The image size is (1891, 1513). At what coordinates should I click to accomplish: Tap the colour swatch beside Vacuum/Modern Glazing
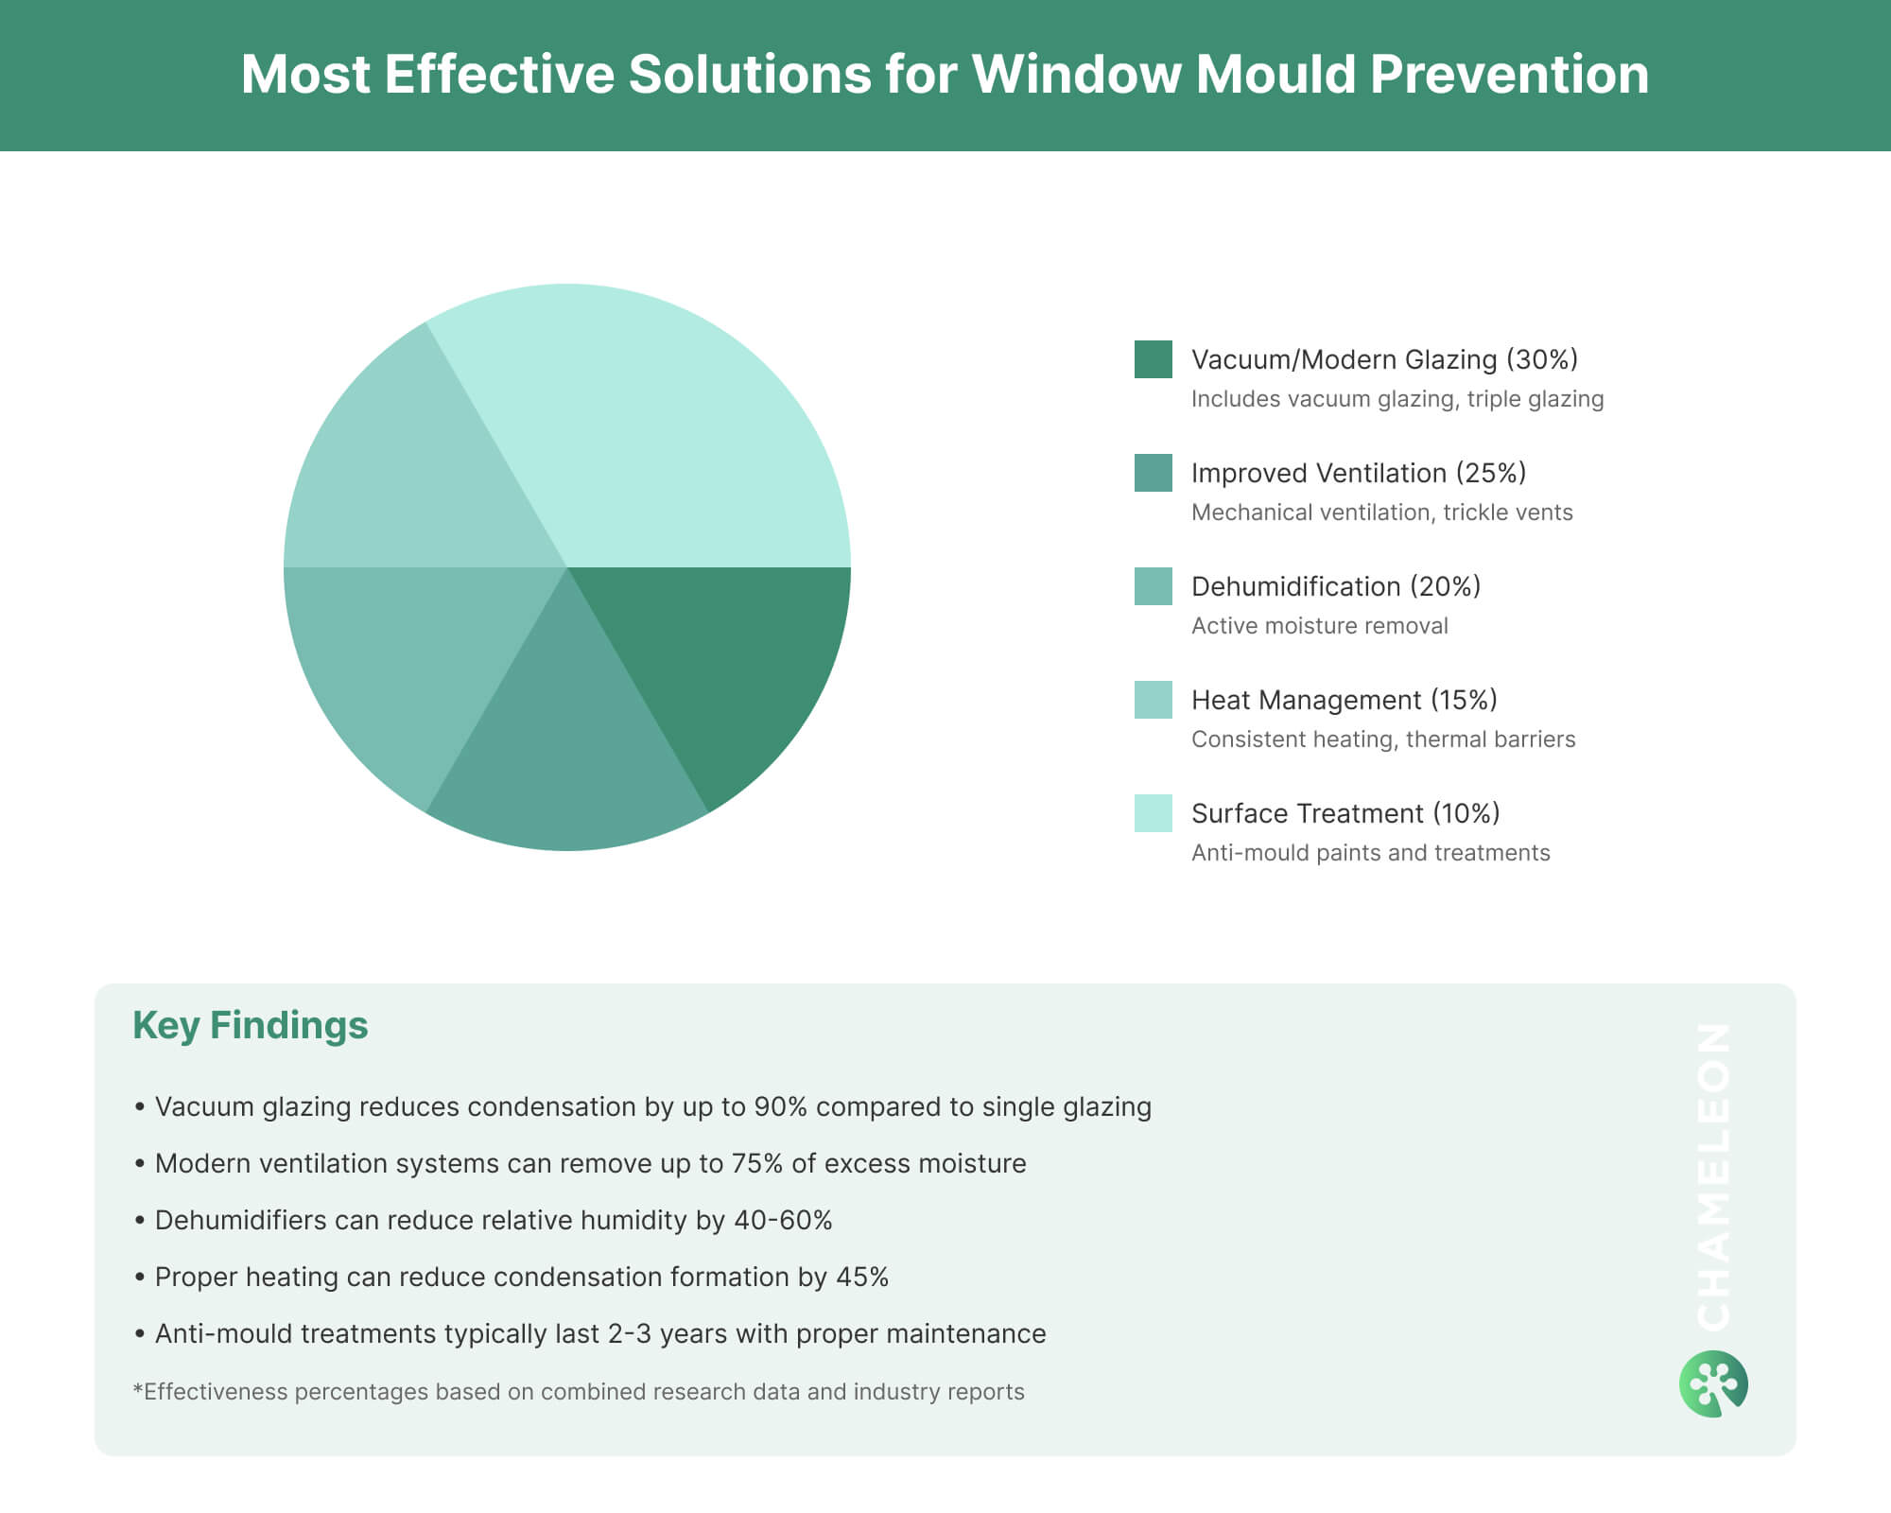[1153, 359]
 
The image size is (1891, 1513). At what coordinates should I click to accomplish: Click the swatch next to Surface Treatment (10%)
[1153, 813]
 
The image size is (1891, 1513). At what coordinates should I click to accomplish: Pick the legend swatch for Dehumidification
[1153, 586]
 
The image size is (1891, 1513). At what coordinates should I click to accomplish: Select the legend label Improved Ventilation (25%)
[1358, 473]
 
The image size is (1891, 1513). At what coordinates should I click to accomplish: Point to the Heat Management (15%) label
[1344, 700]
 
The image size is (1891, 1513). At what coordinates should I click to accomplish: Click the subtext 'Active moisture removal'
[1319, 626]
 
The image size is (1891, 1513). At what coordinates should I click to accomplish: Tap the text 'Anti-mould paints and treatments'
[1370, 853]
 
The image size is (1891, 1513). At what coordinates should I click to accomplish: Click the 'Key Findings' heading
[251, 1025]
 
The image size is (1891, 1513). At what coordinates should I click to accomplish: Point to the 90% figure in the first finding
[780, 1106]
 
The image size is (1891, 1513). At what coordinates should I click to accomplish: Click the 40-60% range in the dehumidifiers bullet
[783, 1220]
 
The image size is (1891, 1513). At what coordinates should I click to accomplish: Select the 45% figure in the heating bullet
[862, 1277]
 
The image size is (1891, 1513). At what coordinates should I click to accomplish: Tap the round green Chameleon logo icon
[1713, 1384]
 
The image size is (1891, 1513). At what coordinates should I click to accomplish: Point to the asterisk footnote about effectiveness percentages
[579, 1392]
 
